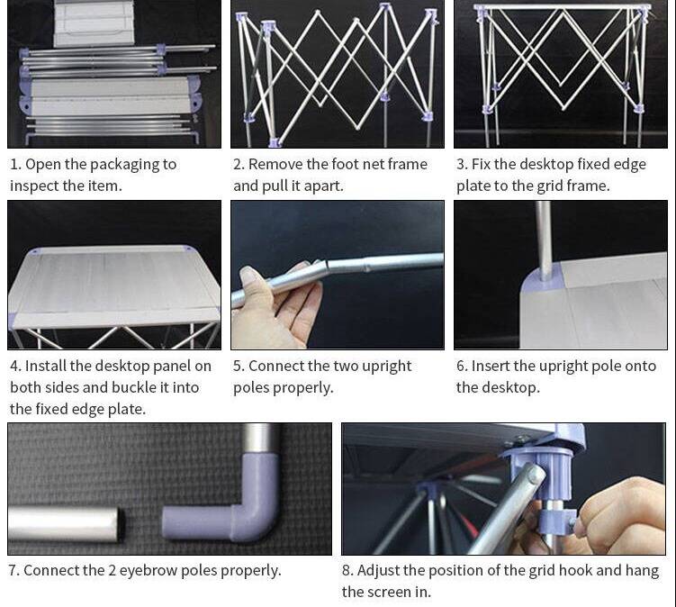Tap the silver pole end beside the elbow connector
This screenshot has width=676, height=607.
(x=65, y=523)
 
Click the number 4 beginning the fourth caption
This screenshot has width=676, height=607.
(x=15, y=367)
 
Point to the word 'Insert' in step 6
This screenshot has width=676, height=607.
(x=491, y=367)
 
